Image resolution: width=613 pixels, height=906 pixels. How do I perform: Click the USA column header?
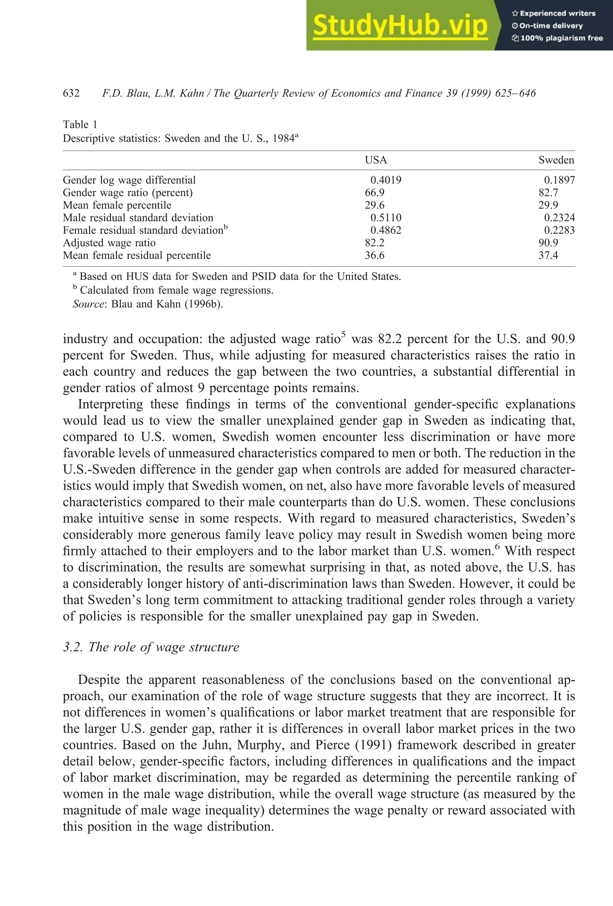(375, 160)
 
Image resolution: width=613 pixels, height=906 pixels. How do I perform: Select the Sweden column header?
(556, 160)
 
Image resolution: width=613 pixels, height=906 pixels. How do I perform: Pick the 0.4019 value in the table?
(386, 180)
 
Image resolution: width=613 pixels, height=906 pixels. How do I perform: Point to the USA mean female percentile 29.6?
(374, 205)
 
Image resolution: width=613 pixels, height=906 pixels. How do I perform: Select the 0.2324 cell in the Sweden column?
(559, 218)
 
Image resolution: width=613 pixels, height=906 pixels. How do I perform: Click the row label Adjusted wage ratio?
(109, 243)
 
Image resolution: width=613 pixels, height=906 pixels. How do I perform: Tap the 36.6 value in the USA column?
(374, 255)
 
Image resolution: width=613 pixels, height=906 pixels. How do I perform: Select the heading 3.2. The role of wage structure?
(151, 647)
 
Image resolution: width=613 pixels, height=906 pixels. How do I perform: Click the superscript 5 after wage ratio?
(343, 334)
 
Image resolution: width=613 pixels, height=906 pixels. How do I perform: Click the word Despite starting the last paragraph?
(99, 680)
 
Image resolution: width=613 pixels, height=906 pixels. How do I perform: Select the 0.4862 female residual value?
(386, 231)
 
